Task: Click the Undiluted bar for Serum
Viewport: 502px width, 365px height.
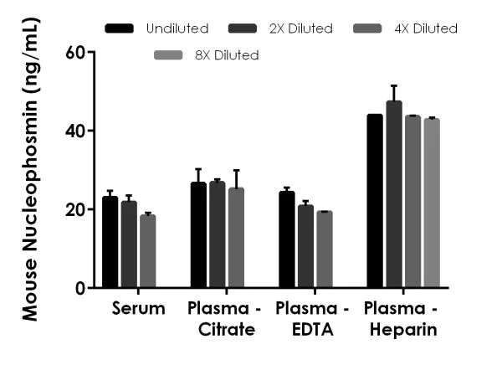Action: [110, 243]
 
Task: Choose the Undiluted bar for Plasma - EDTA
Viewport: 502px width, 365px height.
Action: [287, 240]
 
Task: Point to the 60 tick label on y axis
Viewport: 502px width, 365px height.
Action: [75, 52]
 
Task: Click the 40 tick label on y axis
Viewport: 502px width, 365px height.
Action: [75, 131]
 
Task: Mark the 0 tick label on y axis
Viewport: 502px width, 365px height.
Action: [80, 289]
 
